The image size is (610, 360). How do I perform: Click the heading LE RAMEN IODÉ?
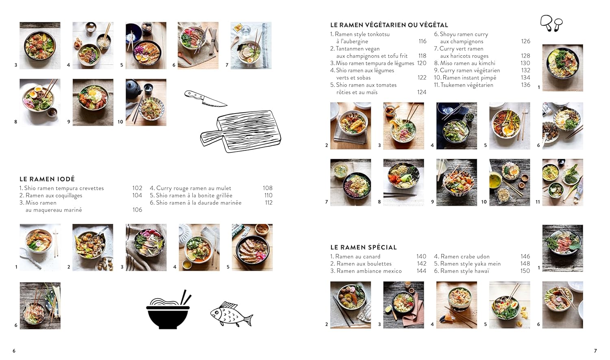(47, 179)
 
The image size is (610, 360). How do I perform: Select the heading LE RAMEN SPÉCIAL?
(363, 247)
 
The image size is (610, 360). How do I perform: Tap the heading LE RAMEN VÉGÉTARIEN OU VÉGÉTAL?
(389, 25)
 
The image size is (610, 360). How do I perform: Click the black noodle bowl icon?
(168, 310)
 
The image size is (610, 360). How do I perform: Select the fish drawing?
(231, 314)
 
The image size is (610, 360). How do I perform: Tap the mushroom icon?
(551, 23)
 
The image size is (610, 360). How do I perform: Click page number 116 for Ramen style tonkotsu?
(423, 41)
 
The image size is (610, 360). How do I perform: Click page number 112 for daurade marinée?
(268, 203)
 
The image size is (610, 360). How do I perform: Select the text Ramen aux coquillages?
(54, 195)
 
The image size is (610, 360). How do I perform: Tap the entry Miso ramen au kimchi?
(467, 63)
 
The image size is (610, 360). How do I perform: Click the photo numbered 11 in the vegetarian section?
(562, 182)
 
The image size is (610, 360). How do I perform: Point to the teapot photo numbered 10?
(146, 102)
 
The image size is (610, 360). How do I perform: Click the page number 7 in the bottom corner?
(595, 351)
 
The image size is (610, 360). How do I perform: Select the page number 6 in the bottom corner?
(14, 351)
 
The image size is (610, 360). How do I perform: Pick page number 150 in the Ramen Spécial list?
(525, 271)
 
